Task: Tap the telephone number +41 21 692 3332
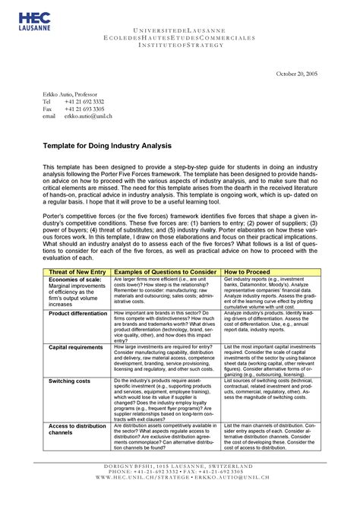84,100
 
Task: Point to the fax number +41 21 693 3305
84,108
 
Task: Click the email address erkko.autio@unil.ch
88,115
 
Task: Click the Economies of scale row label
74,280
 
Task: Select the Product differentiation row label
79,313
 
